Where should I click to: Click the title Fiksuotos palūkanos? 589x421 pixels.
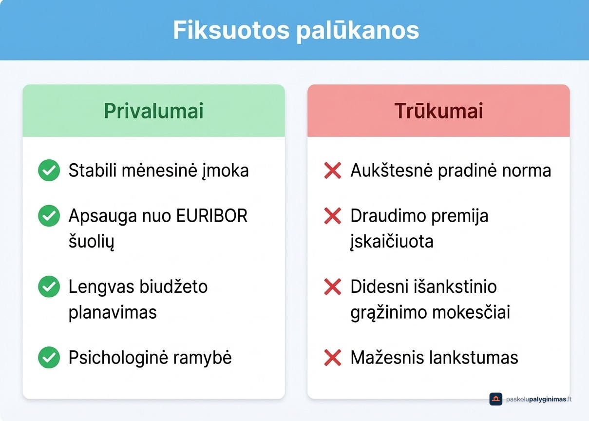(x=296, y=31)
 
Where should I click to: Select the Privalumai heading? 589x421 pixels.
(x=153, y=112)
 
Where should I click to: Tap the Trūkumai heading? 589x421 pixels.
(x=438, y=112)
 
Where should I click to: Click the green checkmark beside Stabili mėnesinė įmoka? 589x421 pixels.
(x=49, y=171)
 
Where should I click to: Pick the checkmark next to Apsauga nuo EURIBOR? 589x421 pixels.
(x=49, y=216)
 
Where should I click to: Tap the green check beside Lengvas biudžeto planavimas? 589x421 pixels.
(x=49, y=287)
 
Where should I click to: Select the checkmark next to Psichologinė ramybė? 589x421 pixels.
(x=49, y=358)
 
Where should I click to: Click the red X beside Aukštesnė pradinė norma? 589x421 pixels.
(x=332, y=171)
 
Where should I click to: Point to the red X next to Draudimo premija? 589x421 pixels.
(x=332, y=216)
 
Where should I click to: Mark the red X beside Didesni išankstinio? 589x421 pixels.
(x=332, y=287)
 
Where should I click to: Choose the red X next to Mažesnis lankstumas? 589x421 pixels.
(x=332, y=358)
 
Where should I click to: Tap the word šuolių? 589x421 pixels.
(x=91, y=242)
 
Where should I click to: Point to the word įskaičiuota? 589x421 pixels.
(x=392, y=242)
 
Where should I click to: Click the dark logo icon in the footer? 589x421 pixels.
(x=495, y=399)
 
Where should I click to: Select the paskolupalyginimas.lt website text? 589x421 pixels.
(x=539, y=399)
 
